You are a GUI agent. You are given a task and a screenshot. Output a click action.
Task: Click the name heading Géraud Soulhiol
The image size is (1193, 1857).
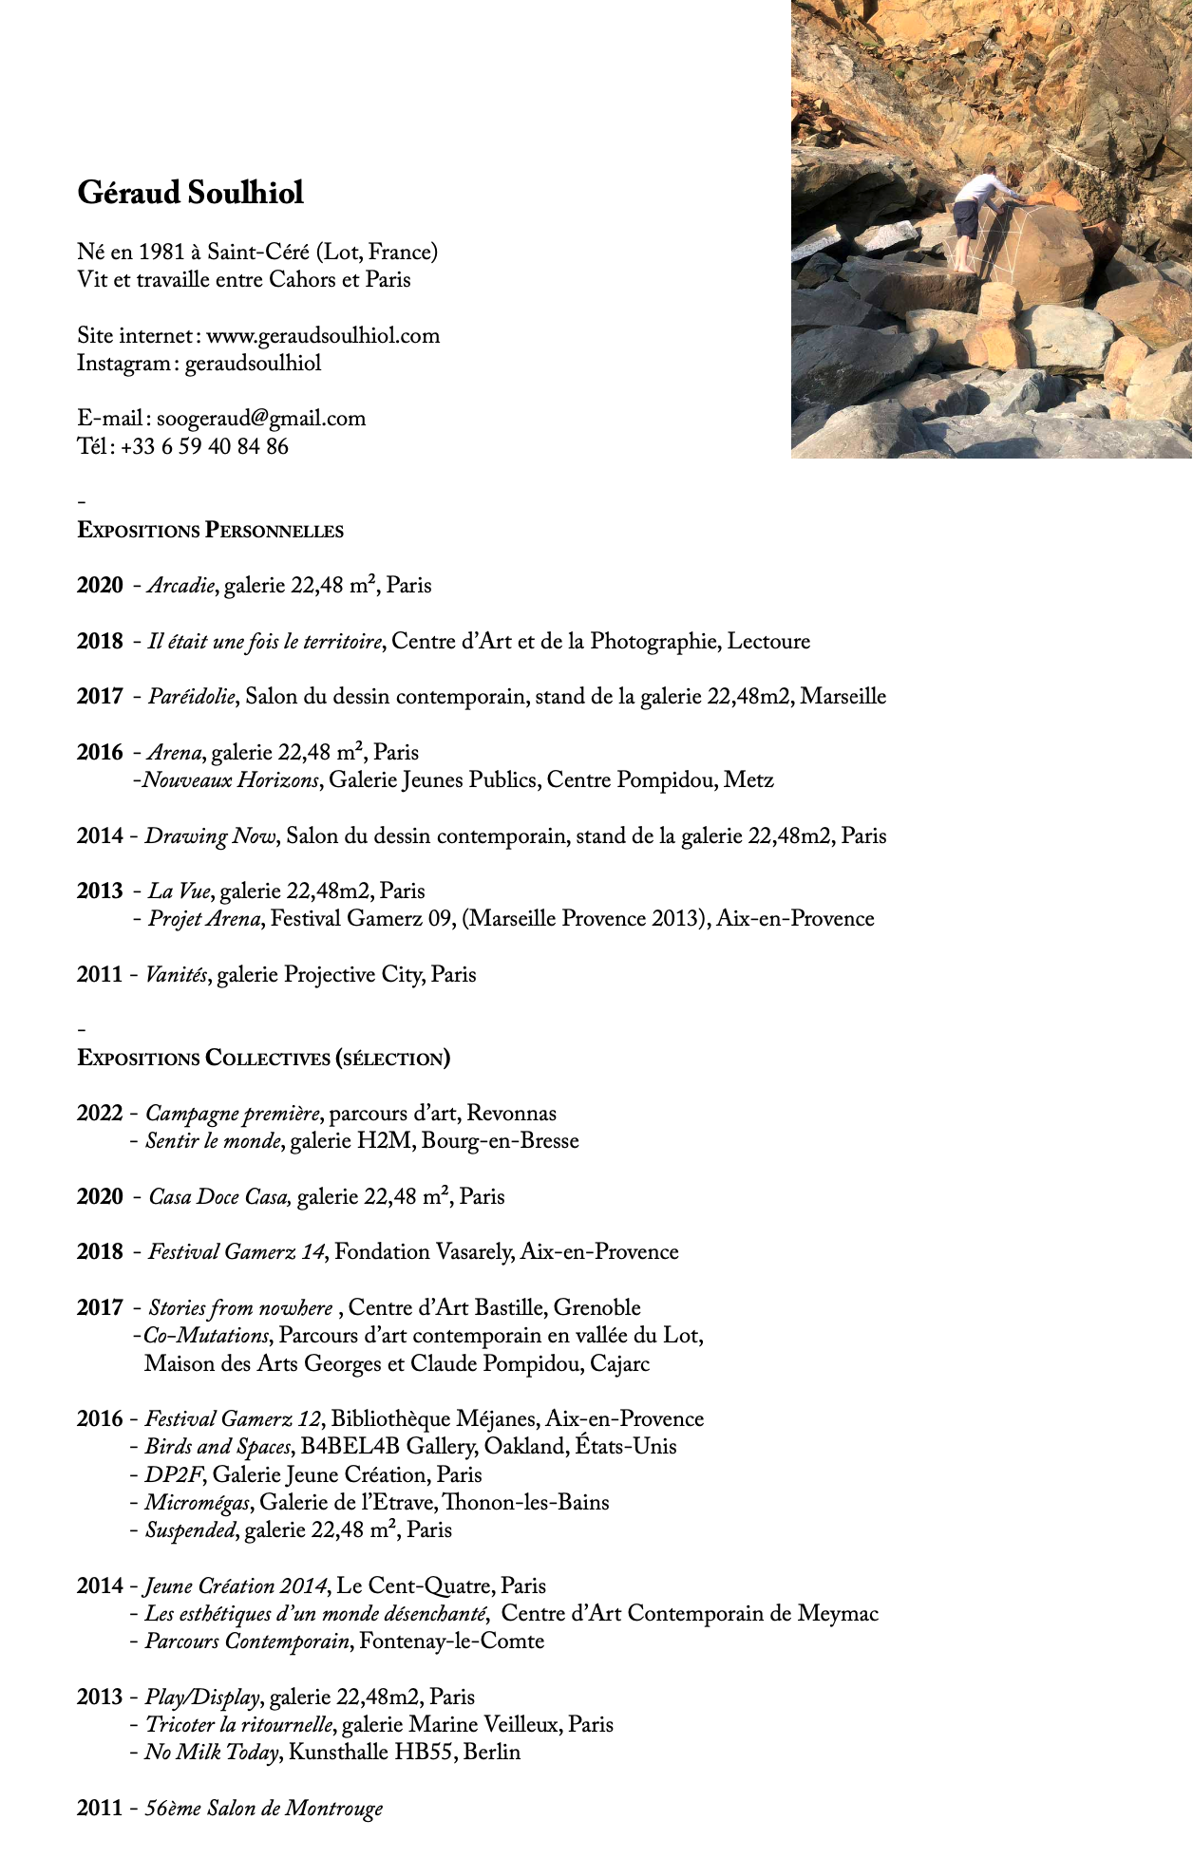190,193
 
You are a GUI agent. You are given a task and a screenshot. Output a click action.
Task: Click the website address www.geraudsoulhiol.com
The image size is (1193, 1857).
323,335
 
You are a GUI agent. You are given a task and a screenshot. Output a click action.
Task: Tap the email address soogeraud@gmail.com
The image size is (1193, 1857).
261,419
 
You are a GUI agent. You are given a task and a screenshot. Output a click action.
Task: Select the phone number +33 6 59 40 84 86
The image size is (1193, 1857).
204,447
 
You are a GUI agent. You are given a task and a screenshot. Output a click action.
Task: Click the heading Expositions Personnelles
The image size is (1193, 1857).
210,531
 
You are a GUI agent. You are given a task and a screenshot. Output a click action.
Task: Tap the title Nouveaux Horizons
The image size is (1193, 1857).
231,780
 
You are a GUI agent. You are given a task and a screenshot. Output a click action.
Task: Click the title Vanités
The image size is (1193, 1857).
176,975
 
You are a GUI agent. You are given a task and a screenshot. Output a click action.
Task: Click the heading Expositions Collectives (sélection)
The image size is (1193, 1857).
263,1059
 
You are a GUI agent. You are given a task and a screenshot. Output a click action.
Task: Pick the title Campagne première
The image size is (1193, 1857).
234,1114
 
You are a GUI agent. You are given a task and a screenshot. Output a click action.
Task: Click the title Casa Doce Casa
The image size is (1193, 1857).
218,1197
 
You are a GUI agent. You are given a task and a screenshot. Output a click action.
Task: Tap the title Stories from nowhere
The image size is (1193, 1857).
240,1308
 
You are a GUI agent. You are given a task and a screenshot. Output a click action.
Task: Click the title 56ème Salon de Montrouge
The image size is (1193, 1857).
263,1809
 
